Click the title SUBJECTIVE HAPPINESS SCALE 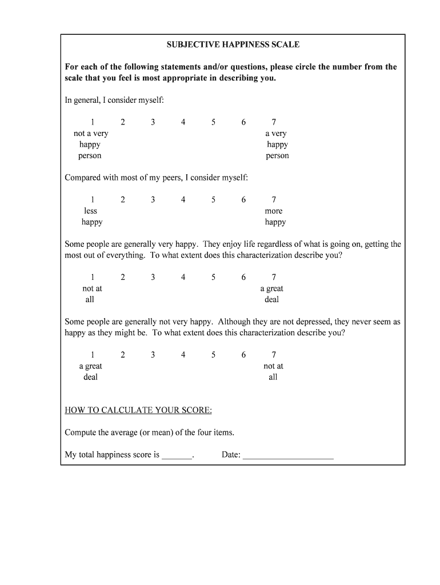pos(233,45)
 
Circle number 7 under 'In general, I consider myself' pos(274,122)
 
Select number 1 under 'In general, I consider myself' pos(92,122)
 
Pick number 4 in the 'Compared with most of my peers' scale pos(183,200)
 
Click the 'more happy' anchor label pos(274,217)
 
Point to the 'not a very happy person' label pos(90,145)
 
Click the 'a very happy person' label pos(277,145)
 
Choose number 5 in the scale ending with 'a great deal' pos(213,278)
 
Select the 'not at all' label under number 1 pos(91,294)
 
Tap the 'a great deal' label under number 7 pos(273,294)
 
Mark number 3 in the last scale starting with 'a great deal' pos(153,355)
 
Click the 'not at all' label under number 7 pos(273,371)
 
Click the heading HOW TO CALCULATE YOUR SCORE pos(138,411)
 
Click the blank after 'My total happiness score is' pos(177,456)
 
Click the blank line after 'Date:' pos(288,456)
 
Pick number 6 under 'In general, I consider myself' pos(243,122)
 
